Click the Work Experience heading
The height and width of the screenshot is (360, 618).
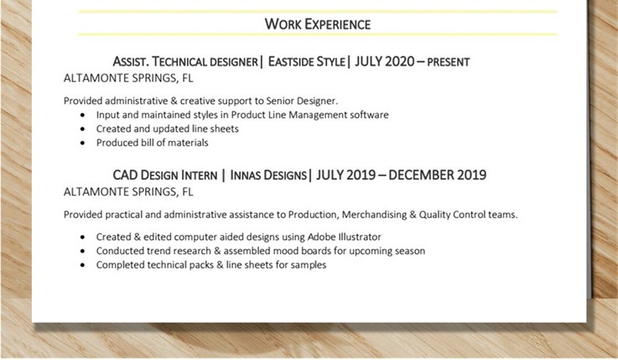318,24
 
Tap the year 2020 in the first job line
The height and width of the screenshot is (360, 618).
399,61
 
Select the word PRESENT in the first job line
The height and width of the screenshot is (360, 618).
448,62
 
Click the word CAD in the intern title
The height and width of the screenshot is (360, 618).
125,175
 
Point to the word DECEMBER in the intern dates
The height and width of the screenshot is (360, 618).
421,175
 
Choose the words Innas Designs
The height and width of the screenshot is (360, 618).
268,175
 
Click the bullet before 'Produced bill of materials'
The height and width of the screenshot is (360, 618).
82,143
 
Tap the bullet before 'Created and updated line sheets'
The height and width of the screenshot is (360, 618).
82,129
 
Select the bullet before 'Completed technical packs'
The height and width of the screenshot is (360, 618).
82,265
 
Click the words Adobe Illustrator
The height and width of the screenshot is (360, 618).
344,237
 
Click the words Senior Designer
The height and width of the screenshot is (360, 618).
302,101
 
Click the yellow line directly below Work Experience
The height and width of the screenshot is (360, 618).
318,34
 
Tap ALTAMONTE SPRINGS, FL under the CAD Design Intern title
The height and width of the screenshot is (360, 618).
128,192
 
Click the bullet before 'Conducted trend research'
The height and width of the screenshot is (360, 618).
82,251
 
